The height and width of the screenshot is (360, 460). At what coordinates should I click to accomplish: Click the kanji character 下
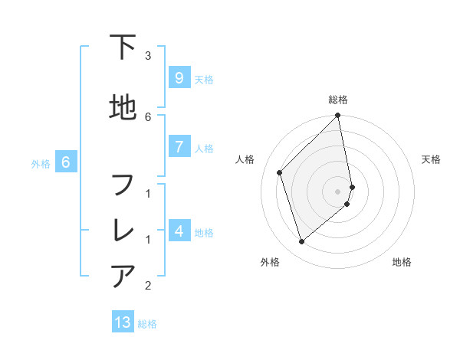point(123,47)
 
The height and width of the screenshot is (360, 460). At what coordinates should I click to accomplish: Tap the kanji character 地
point(123,108)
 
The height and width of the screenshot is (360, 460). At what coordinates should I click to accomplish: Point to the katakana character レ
point(123,231)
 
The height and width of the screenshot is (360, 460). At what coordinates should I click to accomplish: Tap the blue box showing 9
point(179,77)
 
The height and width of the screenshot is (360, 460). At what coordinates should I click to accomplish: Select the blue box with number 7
point(179,146)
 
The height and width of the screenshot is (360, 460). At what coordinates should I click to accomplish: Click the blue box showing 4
point(179,231)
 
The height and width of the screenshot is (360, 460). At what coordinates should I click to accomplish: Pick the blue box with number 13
point(123,322)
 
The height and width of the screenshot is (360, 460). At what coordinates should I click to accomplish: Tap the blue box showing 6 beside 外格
point(66,162)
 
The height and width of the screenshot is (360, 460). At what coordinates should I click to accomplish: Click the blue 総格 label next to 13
point(147,324)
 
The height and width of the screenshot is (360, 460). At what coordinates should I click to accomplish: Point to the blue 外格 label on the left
point(41,163)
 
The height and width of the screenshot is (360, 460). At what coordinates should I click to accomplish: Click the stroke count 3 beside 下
point(148,55)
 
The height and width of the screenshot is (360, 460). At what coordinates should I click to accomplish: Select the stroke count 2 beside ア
point(148,286)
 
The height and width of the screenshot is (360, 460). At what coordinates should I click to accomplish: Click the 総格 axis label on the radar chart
point(338,100)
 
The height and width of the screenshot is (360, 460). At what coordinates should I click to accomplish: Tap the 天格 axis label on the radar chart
point(431,159)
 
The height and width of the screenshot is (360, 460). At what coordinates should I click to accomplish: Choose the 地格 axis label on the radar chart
point(402,262)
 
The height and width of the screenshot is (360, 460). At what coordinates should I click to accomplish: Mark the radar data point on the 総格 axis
point(338,116)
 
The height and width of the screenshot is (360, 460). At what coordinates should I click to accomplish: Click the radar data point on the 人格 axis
point(280,172)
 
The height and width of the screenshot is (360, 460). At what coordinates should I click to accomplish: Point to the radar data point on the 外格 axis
point(302,242)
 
